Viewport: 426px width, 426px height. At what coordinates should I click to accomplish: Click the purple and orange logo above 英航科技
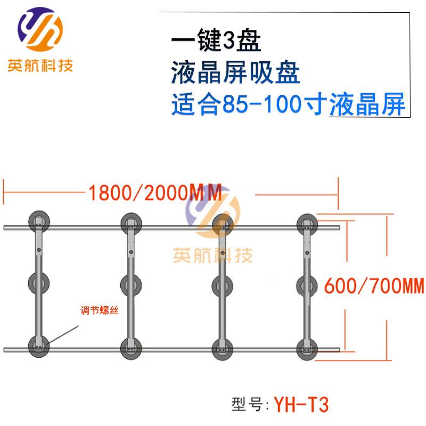(x=40, y=29)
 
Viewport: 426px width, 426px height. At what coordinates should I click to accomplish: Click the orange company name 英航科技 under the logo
(x=40, y=65)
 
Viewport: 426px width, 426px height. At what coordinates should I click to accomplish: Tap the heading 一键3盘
(x=216, y=40)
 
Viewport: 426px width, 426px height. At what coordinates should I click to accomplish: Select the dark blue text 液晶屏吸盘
(x=235, y=72)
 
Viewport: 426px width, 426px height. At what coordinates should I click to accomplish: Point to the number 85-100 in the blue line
(x=261, y=104)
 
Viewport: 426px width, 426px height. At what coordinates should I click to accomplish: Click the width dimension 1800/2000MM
(x=155, y=193)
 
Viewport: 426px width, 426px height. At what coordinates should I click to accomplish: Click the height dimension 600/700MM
(x=374, y=286)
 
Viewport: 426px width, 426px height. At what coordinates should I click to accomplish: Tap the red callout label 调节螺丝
(x=100, y=310)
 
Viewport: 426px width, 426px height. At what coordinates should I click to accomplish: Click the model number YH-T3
(x=301, y=405)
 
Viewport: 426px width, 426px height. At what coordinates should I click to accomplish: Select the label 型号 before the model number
(x=247, y=404)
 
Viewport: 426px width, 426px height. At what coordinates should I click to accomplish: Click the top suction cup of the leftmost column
(x=39, y=222)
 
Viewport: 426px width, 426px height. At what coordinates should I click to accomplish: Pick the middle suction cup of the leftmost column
(x=39, y=283)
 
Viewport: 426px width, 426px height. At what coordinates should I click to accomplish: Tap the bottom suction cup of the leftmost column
(x=39, y=347)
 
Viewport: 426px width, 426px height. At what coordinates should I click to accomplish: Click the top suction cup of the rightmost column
(x=307, y=225)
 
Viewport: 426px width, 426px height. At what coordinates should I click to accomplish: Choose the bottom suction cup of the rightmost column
(x=307, y=350)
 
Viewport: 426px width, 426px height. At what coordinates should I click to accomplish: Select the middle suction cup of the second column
(x=131, y=285)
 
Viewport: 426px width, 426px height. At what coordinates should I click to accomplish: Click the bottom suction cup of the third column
(x=223, y=350)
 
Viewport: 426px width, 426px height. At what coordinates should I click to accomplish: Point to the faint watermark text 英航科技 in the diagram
(x=212, y=255)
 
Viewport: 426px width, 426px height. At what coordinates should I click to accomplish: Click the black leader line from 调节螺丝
(x=63, y=335)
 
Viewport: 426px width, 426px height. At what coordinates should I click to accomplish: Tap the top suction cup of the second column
(x=131, y=224)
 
